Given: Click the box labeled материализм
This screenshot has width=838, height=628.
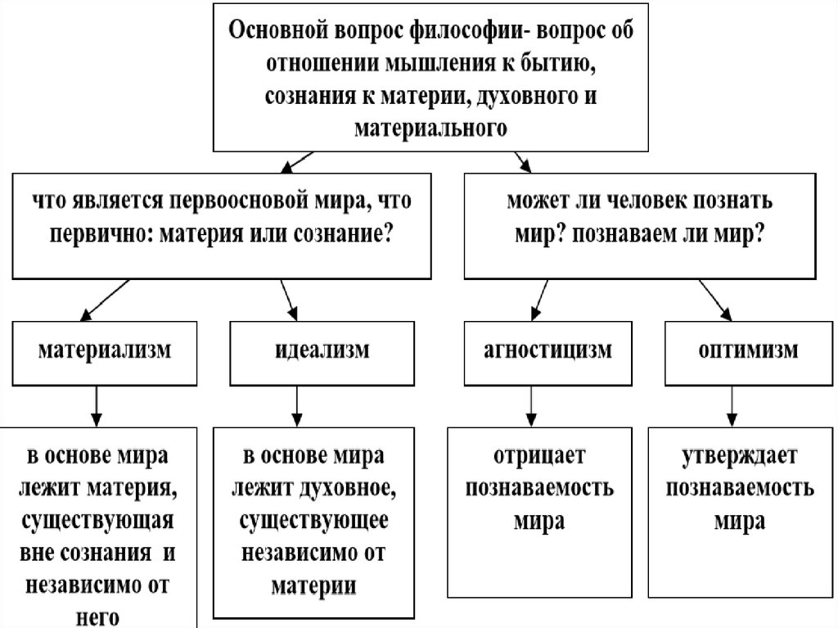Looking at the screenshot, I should point(104,351).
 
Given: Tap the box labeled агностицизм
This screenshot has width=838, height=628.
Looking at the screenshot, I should point(551,351).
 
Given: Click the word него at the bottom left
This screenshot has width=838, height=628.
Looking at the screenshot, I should point(97,616).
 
